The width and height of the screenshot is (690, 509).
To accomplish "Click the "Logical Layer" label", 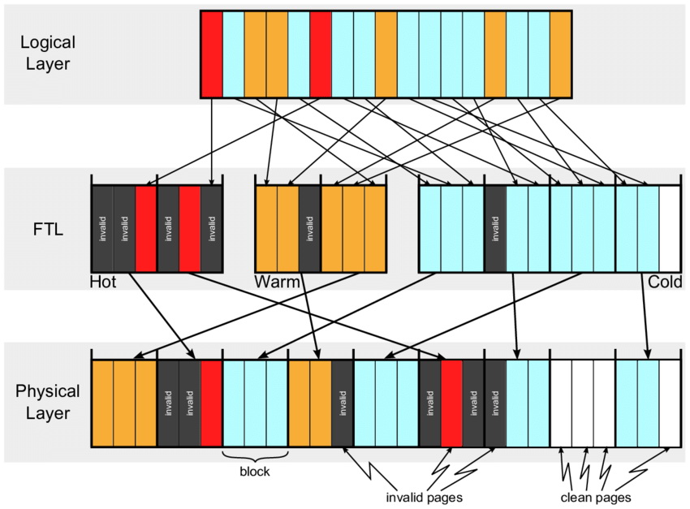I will (x=48, y=54).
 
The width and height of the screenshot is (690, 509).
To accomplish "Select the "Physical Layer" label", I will (x=48, y=402).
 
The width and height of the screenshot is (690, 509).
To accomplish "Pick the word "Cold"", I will (x=665, y=283).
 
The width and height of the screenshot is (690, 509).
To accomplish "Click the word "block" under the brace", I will (x=255, y=470).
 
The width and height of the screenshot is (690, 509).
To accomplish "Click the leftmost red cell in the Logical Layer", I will (x=211, y=54).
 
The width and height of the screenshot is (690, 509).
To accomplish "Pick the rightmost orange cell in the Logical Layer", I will (x=560, y=54).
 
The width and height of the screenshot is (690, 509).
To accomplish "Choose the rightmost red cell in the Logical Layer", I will (x=320, y=54).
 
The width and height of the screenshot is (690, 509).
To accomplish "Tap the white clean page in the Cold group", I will (x=670, y=229).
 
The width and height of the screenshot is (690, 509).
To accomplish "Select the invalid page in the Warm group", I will (x=309, y=229).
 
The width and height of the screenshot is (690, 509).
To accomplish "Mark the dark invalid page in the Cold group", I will (x=495, y=229).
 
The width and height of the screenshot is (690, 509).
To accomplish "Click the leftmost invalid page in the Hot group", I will (x=102, y=229).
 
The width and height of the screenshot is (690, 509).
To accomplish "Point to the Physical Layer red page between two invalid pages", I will (x=451, y=403).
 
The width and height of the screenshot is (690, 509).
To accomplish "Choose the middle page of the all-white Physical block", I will (x=582, y=403).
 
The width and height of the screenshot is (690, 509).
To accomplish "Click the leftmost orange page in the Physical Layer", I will (x=102, y=403).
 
